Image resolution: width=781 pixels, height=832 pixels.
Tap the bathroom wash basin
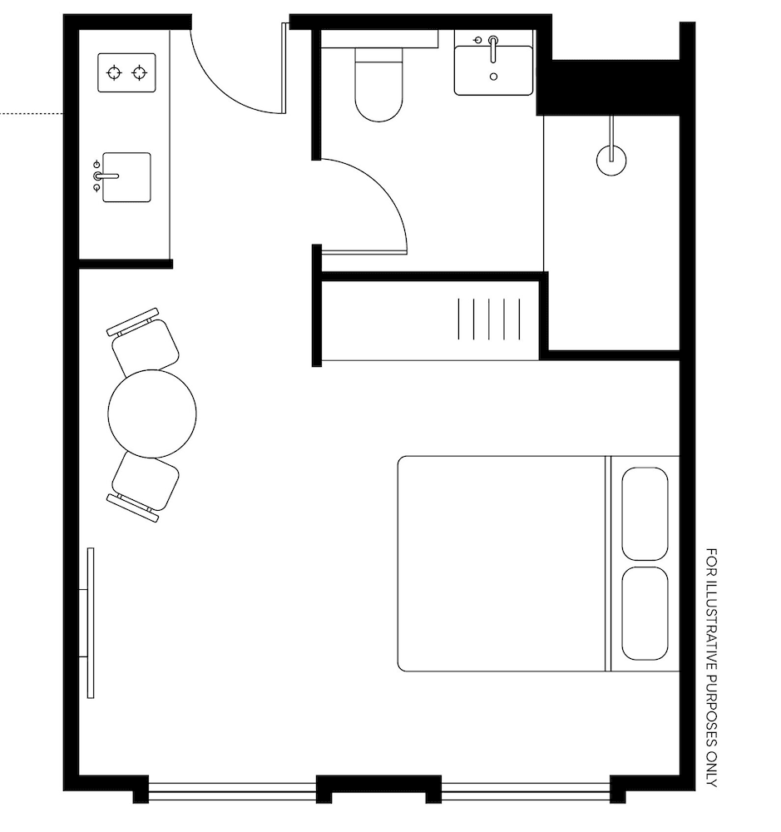[493, 70]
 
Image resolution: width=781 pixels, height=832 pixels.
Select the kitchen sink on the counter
[126, 177]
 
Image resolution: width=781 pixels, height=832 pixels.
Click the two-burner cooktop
[127, 72]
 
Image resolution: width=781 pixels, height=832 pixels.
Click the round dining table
[152, 414]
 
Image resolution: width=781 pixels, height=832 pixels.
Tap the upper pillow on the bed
[645, 513]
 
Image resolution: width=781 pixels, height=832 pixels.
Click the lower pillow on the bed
[645, 613]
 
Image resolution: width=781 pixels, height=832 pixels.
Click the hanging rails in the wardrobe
[490, 319]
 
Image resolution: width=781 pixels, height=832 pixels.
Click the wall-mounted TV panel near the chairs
[90, 622]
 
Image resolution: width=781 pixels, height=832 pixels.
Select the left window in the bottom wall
[232, 790]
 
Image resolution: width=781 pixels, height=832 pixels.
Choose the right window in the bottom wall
[525, 790]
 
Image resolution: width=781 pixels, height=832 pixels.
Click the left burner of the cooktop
[114, 73]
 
